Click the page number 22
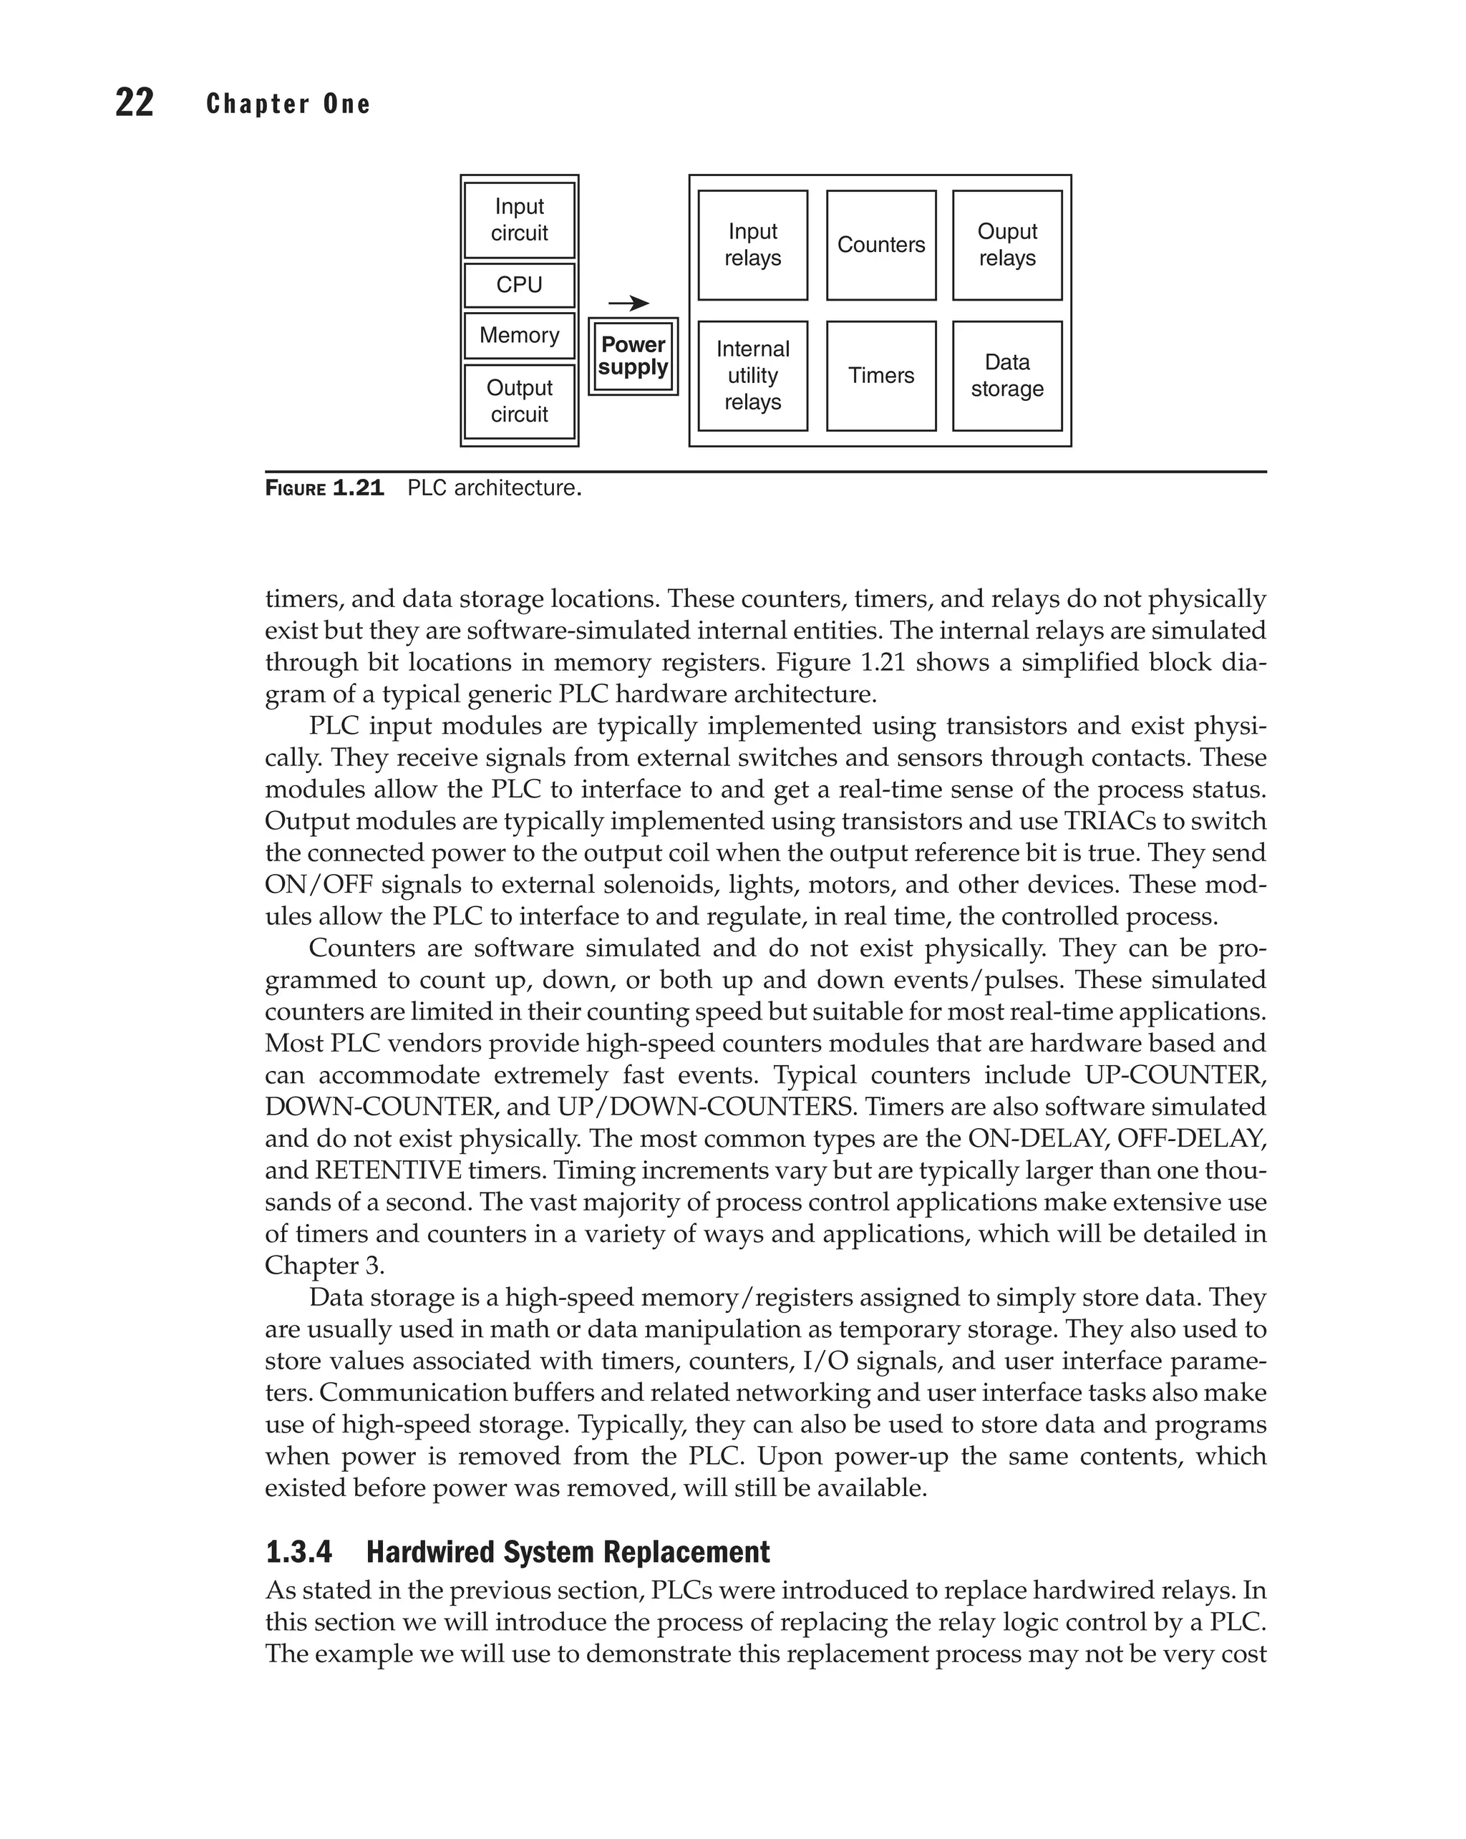(134, 103)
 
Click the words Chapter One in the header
(288, 104)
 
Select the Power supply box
(633, 356)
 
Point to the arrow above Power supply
(628, 303)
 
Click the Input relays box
(752, 245)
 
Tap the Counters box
(881, 245)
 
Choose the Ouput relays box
(1006, 245)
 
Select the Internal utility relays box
(752, 375)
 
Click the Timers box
(881, 375)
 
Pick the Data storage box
(1006, 375)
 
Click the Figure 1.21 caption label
(324, 489)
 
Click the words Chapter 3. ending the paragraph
(324, 1265)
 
